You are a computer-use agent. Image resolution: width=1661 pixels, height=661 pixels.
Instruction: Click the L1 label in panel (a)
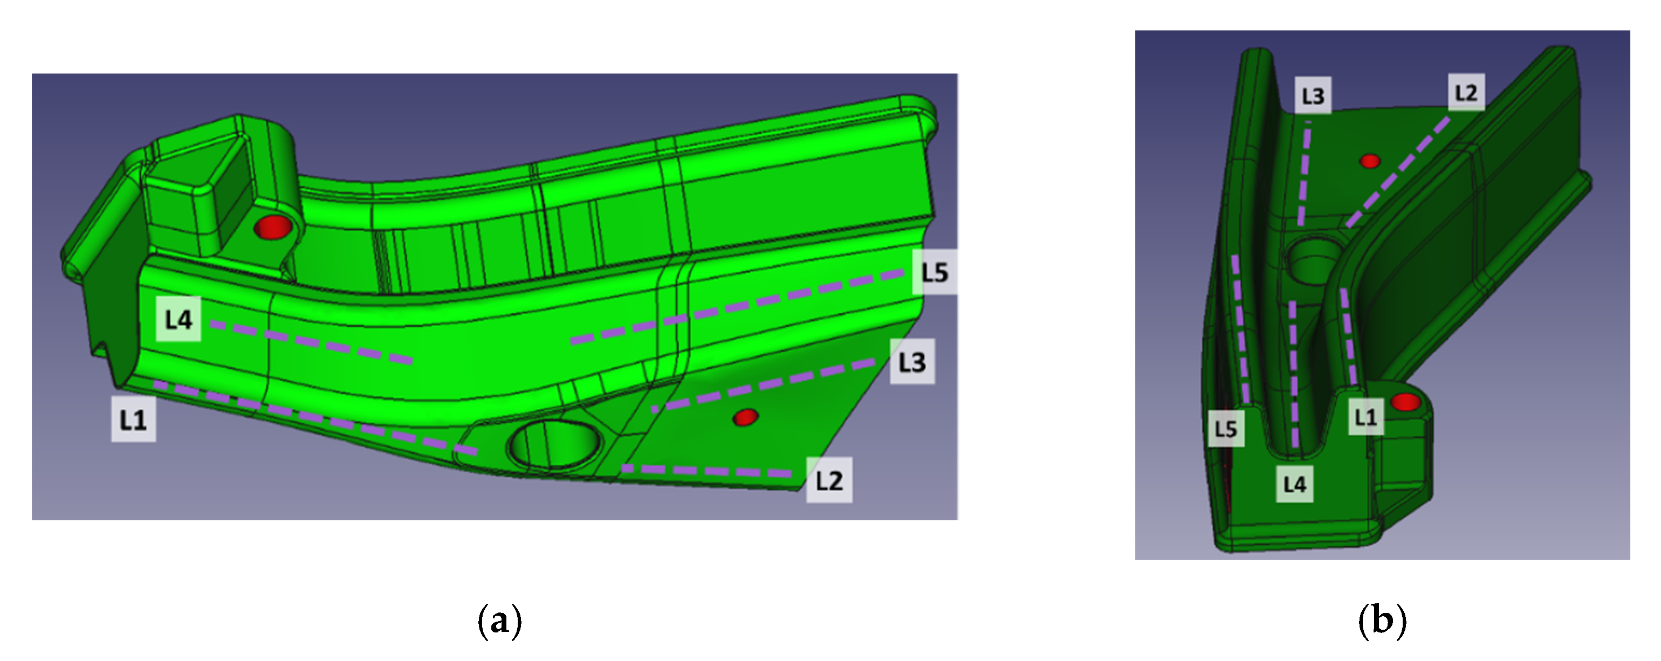point(134,420)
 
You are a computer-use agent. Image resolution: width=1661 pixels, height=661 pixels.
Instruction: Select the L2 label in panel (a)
point(829,480)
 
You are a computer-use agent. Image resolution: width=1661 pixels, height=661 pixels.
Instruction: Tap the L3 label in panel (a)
point(912,362)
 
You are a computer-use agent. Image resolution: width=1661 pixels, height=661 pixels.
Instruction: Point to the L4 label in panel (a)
point(179,319)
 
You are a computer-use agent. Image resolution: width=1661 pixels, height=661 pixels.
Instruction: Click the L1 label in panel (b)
point(1365,417)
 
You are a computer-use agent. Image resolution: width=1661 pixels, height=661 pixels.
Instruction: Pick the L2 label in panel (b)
point(1466,92)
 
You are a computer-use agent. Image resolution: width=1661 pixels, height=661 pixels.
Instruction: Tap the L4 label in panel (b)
point(1295,484)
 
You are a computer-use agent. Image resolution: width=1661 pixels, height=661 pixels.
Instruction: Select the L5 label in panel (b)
point(1226,429)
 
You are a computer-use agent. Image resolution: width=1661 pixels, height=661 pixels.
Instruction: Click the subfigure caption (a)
point(500,621)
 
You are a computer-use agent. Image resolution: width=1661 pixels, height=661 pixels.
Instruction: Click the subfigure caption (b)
point(1382,621)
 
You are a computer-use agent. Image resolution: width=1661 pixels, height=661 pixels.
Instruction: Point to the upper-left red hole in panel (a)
point(273,227)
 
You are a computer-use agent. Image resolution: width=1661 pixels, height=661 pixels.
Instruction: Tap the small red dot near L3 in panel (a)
point(745,417)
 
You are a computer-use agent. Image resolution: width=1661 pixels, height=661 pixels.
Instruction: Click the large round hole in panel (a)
point(554,444)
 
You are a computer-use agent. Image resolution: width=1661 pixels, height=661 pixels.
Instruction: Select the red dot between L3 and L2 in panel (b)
point(1370,161)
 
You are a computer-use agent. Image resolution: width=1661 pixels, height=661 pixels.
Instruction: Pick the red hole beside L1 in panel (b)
point(1406,402)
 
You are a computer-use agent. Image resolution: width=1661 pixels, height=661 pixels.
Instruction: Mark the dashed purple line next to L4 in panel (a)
point(312,342)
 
